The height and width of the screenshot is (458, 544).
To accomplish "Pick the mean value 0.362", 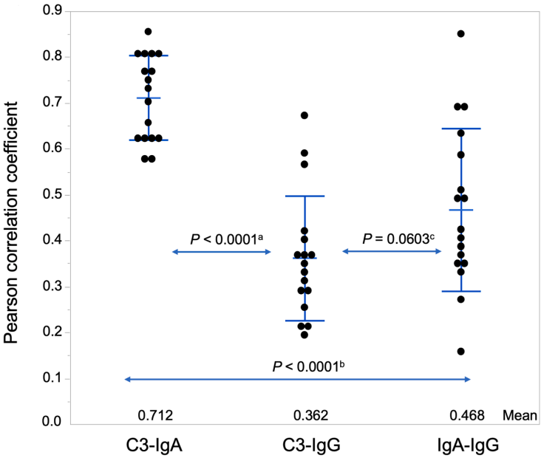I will tap(305, 416).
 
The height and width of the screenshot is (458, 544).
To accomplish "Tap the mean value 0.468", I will tap(466, 416).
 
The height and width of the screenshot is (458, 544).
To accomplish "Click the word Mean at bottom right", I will tap(515, 416).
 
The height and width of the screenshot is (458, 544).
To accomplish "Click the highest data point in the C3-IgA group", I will tap(149, 32).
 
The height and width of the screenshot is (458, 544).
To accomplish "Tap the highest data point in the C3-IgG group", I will tap(305, 115).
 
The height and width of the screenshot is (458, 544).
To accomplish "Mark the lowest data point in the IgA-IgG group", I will tap(461, 351).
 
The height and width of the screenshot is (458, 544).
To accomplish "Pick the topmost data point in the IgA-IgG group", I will tap(461, 34).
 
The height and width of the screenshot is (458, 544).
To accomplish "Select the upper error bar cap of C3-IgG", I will tap(305, 196).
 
